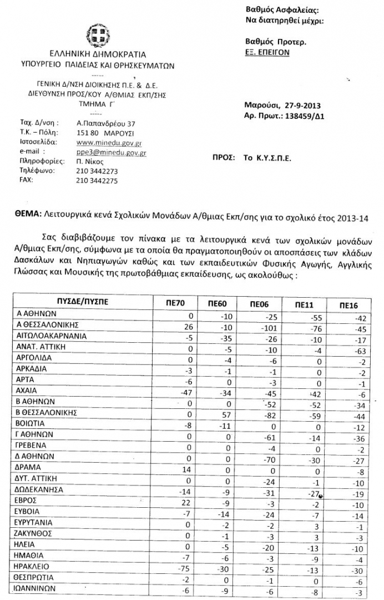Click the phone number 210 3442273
coord(97,171)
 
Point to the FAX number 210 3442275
coord(97,181)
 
